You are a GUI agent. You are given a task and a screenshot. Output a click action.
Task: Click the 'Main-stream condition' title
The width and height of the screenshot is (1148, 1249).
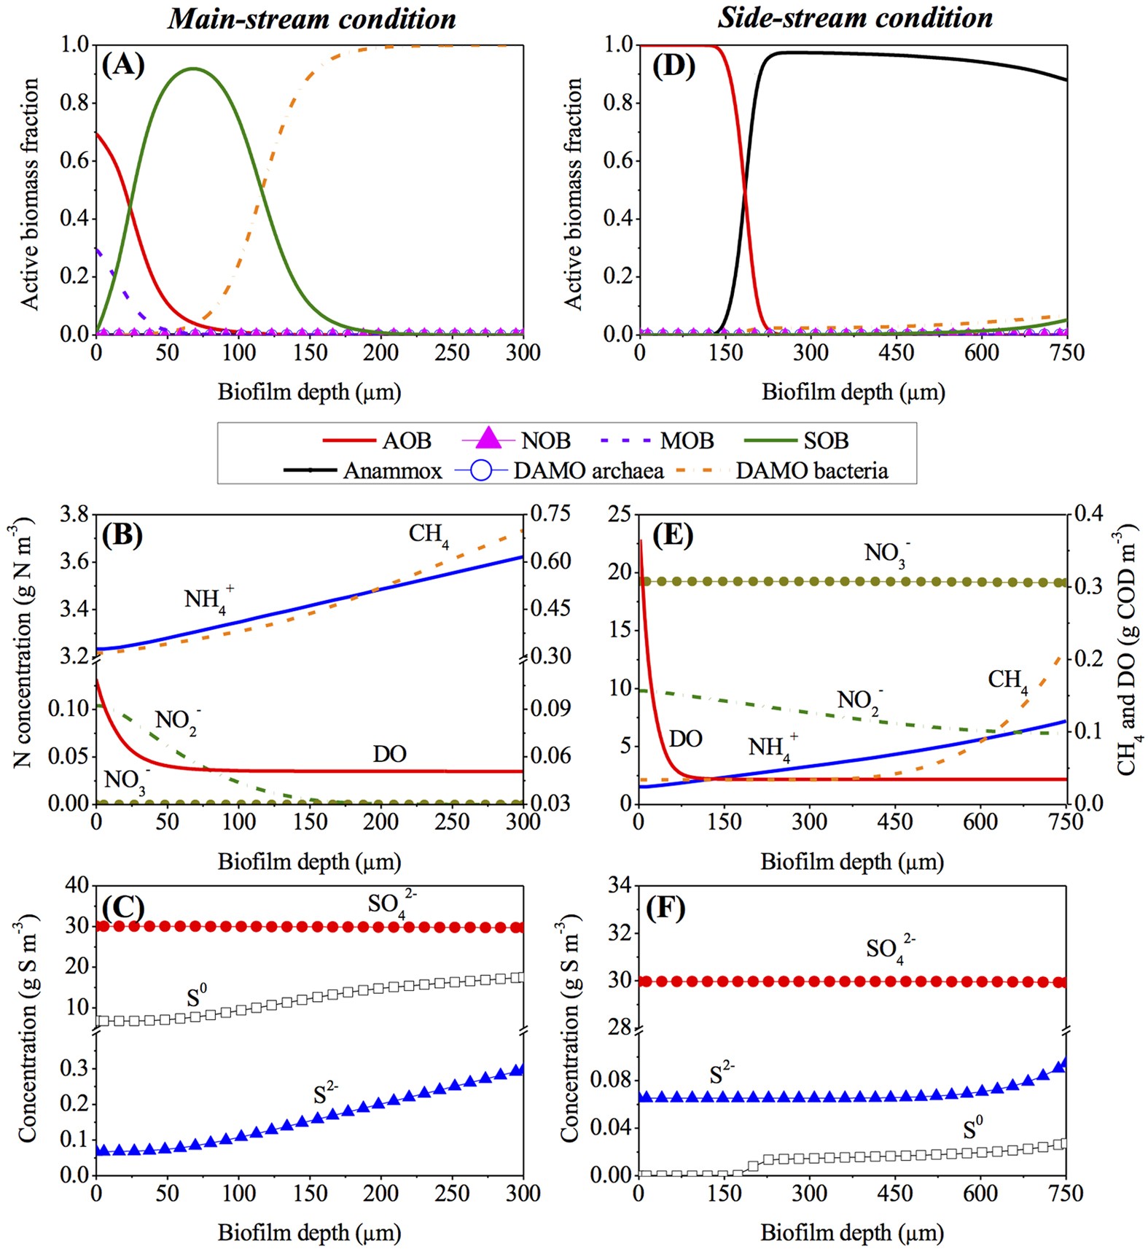312,18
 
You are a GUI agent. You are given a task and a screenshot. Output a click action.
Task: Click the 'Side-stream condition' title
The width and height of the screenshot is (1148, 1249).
854,17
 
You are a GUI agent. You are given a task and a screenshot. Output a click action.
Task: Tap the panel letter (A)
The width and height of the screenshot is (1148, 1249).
122,66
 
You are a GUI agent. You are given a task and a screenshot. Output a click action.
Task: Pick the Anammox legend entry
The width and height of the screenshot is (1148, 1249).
363,471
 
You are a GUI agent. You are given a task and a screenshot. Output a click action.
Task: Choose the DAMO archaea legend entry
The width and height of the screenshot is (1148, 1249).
560,471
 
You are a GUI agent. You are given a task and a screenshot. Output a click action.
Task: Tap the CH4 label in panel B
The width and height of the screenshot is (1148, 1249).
429,535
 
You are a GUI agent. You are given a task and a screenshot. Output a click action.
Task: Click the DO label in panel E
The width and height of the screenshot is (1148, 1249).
685,739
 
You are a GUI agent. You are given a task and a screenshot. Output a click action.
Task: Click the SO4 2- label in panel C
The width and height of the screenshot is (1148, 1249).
391,904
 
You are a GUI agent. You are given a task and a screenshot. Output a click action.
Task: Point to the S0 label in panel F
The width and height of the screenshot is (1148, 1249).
972,1129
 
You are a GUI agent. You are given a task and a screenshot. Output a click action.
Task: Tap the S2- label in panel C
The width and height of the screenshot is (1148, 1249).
325,1094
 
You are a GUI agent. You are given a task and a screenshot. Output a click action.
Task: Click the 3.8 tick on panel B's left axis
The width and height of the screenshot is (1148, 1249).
73,515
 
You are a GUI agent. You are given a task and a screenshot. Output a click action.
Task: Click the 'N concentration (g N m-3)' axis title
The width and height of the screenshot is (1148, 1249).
23,642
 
